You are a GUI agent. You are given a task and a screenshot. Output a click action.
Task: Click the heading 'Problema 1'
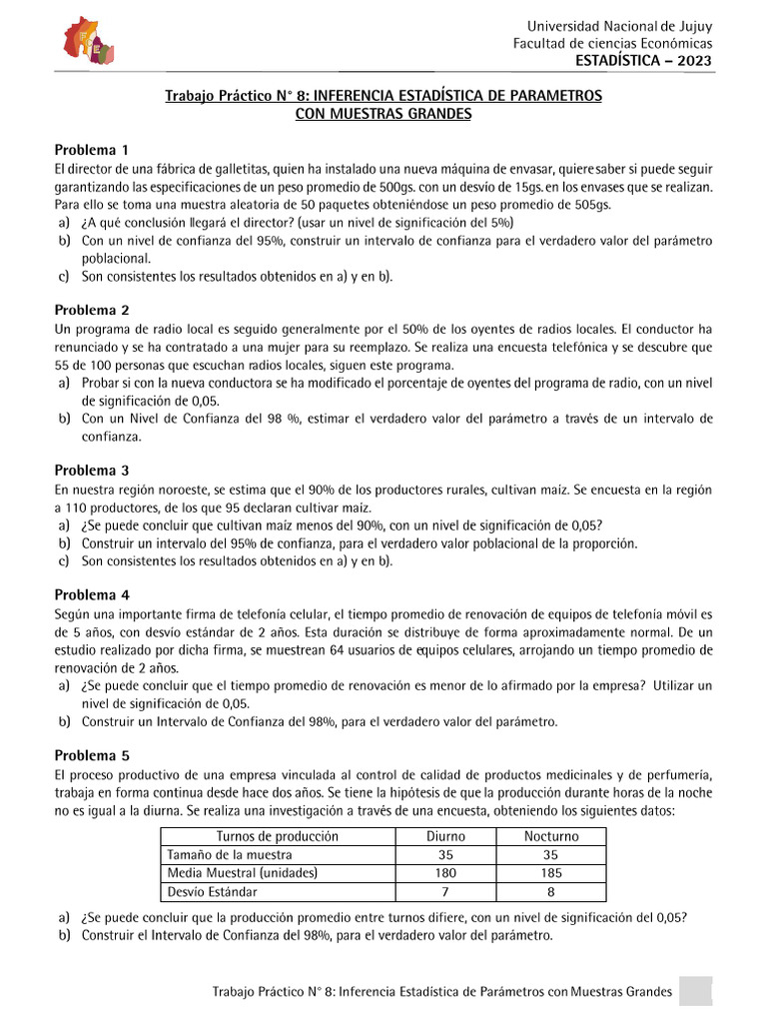pyautogui.click(x=92, y=149)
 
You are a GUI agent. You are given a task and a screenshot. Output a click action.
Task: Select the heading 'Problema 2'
pyautogui.click(x=92, y=310)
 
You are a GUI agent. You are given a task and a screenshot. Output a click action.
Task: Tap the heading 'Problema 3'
pyautogui.click(x=92, y=471)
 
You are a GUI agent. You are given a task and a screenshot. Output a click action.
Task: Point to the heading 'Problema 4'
pyautogui.click(x=92, y=594)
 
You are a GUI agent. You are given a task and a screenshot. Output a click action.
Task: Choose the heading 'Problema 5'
pyautogui.click(x=92, y=755)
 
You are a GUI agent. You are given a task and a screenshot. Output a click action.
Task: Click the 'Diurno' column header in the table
pyautogui.click(x=445, y=836)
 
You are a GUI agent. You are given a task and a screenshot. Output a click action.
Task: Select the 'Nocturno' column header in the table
pyautogui.click(x=550, y=836)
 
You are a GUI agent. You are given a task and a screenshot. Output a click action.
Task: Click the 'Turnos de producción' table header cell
pyautogui.click(x=278, y=836)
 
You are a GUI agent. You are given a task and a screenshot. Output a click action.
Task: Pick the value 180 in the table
pyautogui.click(x=445, y=873)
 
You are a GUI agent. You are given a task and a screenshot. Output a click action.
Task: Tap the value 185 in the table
pyautogui.click(x=550, y=873)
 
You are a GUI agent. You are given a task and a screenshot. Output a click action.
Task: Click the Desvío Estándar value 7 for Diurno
pyautogui.click(x=445, y=891)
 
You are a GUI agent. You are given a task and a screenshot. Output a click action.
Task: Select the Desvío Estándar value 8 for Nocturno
pyautogui.click(x=550, y=891)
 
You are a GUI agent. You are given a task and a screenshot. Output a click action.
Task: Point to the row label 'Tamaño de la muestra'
pyautogui.click(x=230, y=855)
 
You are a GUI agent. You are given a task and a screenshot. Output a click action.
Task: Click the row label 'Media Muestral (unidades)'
pyautogui.click(x=243, y=873)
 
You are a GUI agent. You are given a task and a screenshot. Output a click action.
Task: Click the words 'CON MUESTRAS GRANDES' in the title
pyautogui.click(x=383, y=114)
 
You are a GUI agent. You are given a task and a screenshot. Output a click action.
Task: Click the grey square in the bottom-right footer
pyautogui.click(x=695, y=992)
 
